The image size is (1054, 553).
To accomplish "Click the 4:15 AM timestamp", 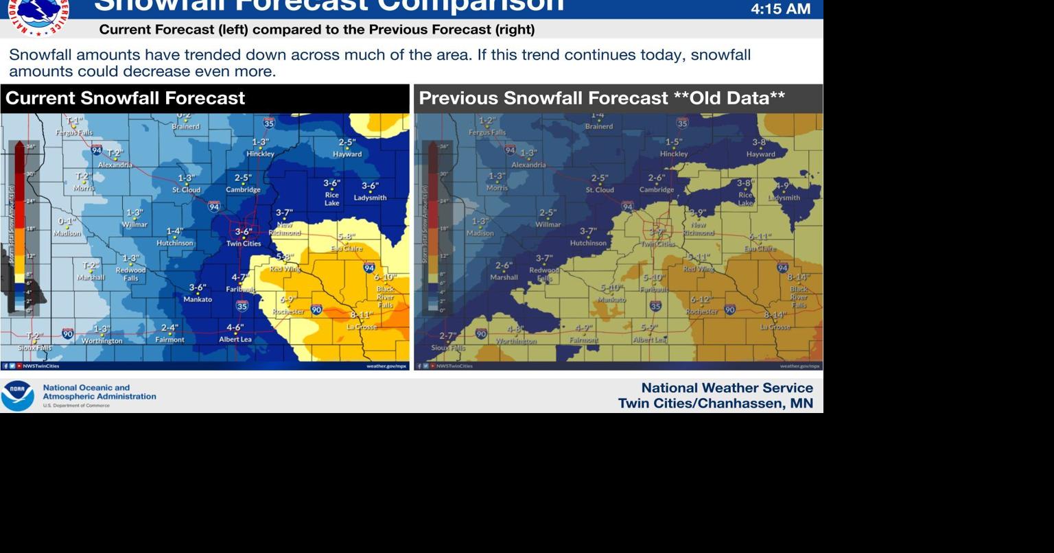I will point(780,9).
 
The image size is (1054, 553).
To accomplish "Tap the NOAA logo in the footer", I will point(17,396).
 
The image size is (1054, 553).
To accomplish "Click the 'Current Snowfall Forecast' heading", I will point(125,98).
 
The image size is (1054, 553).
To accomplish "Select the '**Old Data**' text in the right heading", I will point(729,98).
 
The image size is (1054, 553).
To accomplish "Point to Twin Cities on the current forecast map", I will point(244,244).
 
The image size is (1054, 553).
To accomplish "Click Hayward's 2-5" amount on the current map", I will point(347,143).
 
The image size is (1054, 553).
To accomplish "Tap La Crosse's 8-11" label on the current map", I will point(362,315).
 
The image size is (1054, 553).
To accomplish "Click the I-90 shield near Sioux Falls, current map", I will point(67,333).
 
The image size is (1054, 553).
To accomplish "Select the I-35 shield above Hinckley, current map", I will point(269,123).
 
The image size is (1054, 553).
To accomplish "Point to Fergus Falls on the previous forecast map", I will point(487,132).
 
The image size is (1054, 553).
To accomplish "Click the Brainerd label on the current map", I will point(185,126).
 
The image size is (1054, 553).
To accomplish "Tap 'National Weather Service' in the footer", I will point(727,388).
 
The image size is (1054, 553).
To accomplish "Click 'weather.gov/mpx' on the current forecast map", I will point(386,366).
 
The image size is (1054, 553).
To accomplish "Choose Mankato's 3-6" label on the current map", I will point(198,288).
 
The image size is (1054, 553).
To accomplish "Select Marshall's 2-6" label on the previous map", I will point(503,266).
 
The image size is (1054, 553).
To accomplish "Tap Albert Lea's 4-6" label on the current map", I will point(235,328).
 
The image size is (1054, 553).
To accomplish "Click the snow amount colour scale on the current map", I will point(20,226).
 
